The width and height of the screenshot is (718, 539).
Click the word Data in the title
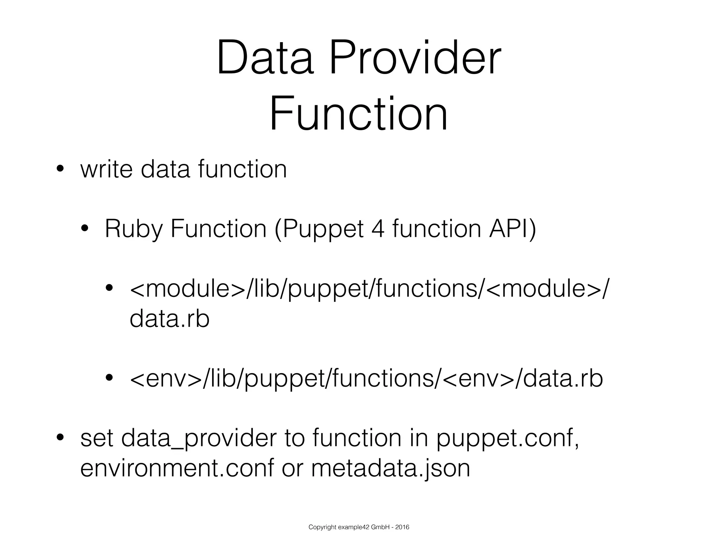265,58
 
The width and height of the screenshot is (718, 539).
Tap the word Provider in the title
415,58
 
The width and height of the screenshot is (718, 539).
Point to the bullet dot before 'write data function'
60,169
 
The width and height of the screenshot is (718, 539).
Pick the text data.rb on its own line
169,319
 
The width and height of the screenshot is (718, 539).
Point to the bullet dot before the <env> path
109,378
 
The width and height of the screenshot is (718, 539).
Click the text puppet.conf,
507,439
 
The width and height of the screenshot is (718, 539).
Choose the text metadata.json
391,468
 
